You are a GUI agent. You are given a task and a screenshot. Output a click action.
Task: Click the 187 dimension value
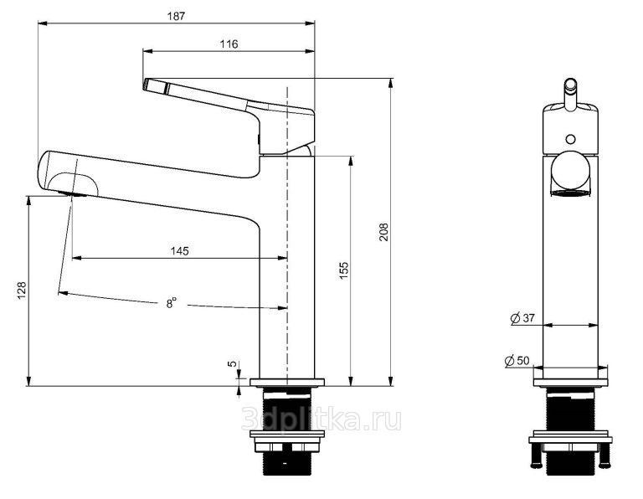tap(176, 16)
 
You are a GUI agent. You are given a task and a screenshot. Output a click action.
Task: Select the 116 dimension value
tap(229, 44)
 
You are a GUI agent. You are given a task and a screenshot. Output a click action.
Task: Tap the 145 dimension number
tap(180, 251)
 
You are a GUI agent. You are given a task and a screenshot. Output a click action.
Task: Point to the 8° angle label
tap(172, 303)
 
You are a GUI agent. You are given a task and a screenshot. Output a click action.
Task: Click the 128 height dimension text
tap(21, 291)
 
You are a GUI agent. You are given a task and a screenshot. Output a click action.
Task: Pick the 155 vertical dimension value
tap(343, 270)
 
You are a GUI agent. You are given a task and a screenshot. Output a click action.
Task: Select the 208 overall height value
tap(383, 232)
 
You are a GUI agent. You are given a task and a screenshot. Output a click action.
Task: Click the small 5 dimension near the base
tap(232, 363)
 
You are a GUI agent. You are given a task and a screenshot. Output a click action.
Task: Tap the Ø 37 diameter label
tap(522, 318)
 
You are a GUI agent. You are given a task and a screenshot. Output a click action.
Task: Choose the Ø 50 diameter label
tap(517, 361)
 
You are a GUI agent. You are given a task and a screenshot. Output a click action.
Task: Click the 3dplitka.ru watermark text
tap(321, 419)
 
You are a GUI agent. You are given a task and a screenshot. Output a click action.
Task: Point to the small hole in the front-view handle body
tap(570, 139)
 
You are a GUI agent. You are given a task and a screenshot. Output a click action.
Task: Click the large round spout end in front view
tap(570, 170)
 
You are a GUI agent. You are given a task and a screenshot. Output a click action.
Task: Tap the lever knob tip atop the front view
tap(570, 84)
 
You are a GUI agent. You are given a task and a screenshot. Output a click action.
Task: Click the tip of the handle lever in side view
tap(145, 85)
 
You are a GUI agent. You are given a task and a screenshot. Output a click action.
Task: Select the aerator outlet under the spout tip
tap(73, 193)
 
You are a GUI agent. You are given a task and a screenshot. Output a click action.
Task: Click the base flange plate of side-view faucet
tap(287, 383)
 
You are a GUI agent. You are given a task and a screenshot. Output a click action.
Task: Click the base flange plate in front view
tap(570, 383)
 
